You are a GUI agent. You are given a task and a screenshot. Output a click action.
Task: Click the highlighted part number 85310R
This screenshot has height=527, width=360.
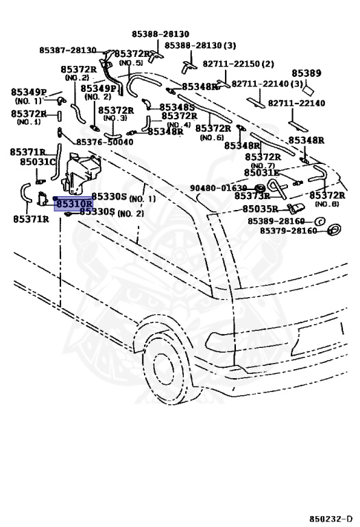[x=74, y=204]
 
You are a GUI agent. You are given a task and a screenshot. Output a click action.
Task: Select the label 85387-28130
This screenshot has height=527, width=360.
[x=68, y=50]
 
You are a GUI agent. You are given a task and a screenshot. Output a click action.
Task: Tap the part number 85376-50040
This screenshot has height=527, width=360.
[x=105, y=142]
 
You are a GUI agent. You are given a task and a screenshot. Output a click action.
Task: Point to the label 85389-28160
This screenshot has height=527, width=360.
[x=276, y=221]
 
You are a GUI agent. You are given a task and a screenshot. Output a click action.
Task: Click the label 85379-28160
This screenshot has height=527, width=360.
[x=289, y=231]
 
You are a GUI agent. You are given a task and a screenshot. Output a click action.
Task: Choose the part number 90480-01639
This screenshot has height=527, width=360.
[x=218, y=188]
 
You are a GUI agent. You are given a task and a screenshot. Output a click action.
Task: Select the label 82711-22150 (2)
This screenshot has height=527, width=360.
[x=238, y=64]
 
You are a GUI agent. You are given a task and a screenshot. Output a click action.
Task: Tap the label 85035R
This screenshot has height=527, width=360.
[x=261, y=209]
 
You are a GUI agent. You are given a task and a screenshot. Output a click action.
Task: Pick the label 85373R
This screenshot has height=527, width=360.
[x=252, y=196]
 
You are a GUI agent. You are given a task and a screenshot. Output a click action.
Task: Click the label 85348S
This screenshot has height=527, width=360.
[x=177, y=107]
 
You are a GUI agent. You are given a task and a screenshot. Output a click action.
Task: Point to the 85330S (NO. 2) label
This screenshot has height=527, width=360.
[x=112, y=212]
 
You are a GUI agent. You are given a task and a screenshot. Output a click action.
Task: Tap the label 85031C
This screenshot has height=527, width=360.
[x=38, y=162]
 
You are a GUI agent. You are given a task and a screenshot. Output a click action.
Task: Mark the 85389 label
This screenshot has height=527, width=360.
[x=307, y=73]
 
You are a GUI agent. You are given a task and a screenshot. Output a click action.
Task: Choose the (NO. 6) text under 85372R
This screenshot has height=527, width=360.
[x=212, y=137]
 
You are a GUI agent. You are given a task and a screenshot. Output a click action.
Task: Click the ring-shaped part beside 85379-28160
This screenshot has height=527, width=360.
[x=334, y=230]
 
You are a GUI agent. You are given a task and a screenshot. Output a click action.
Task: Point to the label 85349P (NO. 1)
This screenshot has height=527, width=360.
[x=29, y=96]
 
